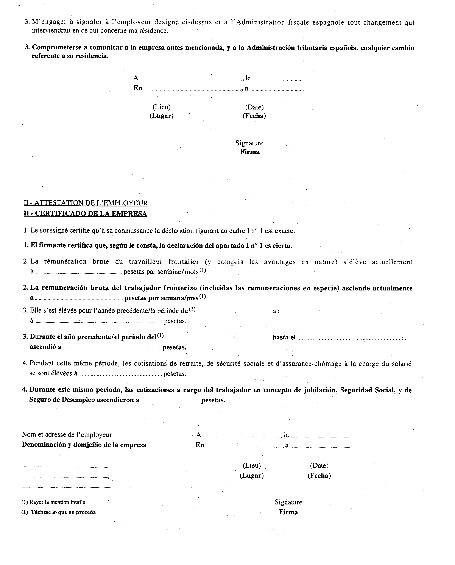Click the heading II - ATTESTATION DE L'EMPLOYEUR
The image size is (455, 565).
click(86, 203)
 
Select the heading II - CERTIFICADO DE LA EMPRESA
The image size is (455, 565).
click(86, 214)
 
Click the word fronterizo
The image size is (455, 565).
click(180, 288)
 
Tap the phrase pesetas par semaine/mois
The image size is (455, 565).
click(161, 272)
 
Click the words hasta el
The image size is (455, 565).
click(284, 337)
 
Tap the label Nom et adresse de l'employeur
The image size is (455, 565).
click(67, 434)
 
